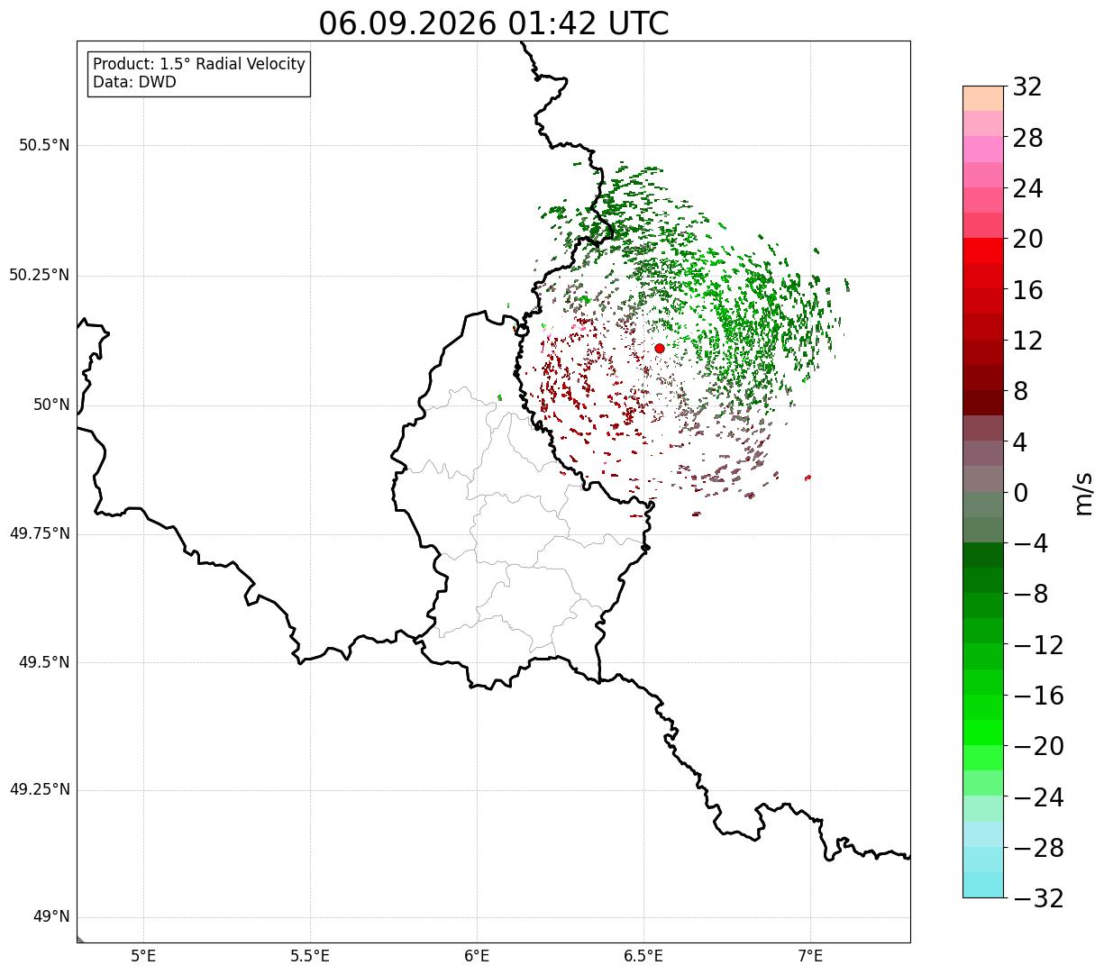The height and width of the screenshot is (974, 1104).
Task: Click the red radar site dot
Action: click(660, 348)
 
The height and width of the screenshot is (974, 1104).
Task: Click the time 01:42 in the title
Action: click(552, 23)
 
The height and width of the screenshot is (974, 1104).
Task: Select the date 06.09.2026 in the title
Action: click(407, 23)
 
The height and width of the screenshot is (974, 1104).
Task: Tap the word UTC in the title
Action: click(638, 23)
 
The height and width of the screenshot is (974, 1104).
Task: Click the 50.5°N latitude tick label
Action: click(45, 145)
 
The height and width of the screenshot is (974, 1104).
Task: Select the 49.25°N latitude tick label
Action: click(40, 789)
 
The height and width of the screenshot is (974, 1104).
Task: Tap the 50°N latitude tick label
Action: click(51, 405)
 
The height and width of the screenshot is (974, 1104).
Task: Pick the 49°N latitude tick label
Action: click(51, 917)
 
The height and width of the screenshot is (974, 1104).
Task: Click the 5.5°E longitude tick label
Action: click(310, 956)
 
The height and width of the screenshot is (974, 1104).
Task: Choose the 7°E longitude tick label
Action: click(810, 956)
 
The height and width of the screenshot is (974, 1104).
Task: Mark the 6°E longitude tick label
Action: click(477, 956)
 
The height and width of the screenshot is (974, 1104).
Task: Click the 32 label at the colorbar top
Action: click(1027, 86)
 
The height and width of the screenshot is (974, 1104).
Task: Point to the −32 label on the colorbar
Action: click(1038, 897)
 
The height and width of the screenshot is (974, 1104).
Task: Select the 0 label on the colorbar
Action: click(1020, 493)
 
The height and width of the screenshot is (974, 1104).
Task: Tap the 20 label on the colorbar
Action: click(1027, 239)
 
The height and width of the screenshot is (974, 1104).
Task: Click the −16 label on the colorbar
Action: click(1038, 696)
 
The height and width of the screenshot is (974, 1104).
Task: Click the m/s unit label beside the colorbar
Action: click(1083, 494)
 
